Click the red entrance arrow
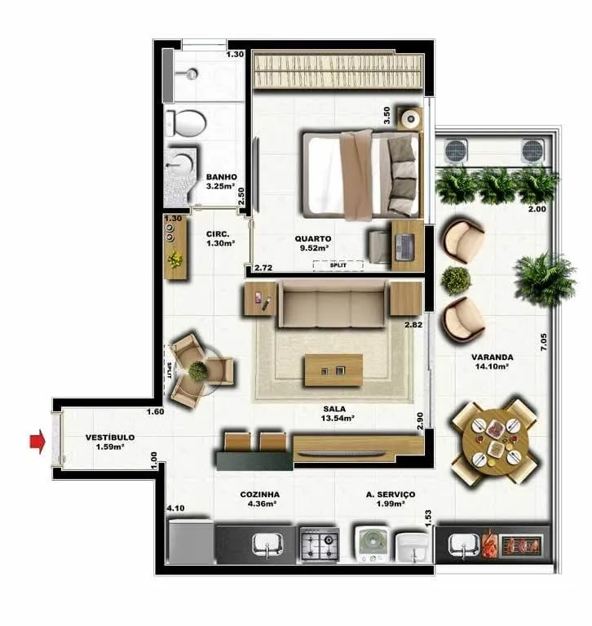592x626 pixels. tap(38, 442)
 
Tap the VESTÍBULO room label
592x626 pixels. tap(110, 437)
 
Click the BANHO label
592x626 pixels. tap(222, 177)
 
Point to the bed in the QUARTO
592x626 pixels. tap(362, 175)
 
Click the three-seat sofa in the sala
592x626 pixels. tap(334, 304)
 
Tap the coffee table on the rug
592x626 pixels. tap(334, 371)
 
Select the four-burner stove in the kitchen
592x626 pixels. tap(320, 544)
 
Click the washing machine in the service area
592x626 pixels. tap(372, 544)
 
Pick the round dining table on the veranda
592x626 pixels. tap(495, 442)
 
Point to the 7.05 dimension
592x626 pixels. tap(543, 342)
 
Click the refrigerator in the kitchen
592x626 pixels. tap(190, 541)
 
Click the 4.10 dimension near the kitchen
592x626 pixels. tap(175, 508)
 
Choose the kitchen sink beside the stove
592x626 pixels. tap(267, 544)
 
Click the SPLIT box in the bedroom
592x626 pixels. tap(338, 265)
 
